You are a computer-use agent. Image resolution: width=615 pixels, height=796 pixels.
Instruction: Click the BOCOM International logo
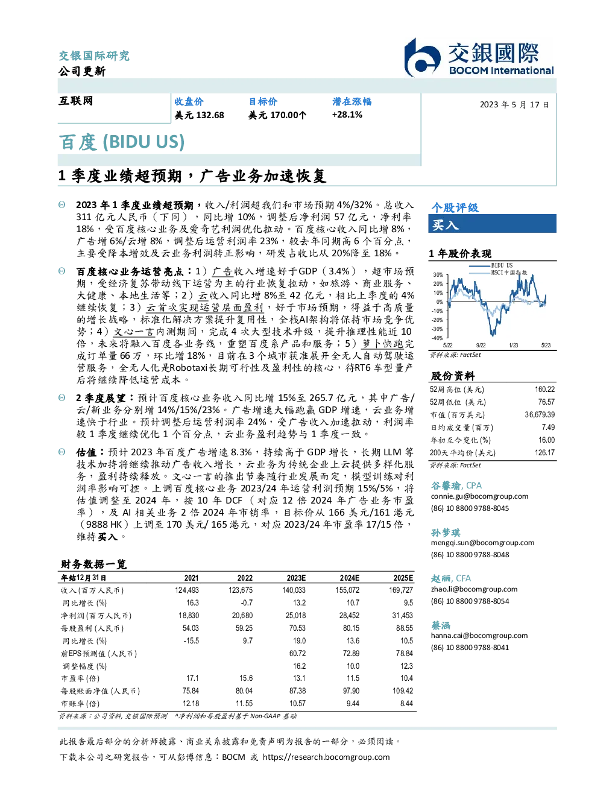click(x=479, y=57)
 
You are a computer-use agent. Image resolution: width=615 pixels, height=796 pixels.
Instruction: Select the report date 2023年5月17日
click(x=514, y=105)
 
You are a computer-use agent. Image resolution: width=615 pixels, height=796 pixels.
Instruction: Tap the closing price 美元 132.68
click(x=199, y=115)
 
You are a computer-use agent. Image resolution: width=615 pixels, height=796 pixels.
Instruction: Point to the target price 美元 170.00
click(x=277, y=115)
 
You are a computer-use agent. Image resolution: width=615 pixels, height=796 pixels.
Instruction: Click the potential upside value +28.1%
click(x=347, y=115)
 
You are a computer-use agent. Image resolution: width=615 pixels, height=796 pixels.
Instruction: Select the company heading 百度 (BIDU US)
click(x=122, y=142)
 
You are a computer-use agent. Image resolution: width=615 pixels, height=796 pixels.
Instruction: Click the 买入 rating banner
click(x=492, y=224)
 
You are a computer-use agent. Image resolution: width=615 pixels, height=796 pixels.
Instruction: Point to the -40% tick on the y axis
click(x=438, y=338)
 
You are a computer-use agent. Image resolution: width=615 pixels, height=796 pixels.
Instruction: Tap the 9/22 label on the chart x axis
click(x=481, y=345)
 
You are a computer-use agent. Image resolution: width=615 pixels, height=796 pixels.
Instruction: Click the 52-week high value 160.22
click(x=544, y=390)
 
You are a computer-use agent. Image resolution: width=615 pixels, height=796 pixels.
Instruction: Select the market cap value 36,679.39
click(x=540, y=415)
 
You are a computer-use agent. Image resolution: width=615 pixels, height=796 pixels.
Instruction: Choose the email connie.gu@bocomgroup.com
click(x=479, y=496)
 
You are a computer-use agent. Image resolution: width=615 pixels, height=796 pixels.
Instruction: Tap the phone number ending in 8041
click(x=470, y=648)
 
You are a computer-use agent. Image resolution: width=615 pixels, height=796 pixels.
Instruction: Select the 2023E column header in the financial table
click(x=296, y=578)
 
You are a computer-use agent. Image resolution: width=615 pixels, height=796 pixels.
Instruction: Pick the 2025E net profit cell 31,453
click(x=402, y=616)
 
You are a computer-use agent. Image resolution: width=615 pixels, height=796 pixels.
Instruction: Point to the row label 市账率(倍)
click(x=80, y=704)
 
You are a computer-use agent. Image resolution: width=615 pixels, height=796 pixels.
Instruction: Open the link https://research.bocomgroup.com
click(x=326, y=757)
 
